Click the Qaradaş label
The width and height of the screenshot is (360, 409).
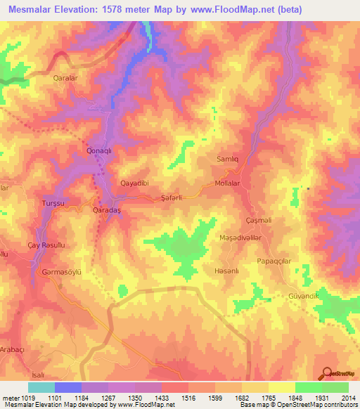pos(108,210)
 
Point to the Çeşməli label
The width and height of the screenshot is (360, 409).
pos(257,220)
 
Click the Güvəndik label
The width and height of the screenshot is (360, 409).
pos(304,296)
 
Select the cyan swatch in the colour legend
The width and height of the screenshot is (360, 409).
pos(41,387)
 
